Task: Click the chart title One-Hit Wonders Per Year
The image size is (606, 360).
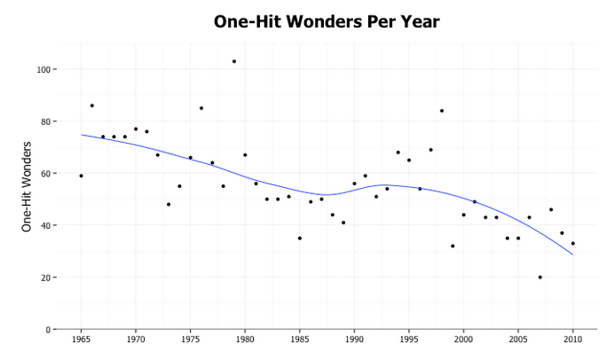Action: [x=327, y=21]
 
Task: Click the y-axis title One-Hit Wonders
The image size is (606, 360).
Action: [x=27, y=186]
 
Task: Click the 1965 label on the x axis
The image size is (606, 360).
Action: [x=81, y=339]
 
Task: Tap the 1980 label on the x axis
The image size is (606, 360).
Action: [x=245, y=339]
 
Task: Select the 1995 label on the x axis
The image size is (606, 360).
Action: [x=409, y=339]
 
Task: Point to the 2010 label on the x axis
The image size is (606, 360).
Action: [x=573, y=339]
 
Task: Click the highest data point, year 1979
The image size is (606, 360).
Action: [x=234, y=61]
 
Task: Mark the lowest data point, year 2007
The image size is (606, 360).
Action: [x=540, y=278]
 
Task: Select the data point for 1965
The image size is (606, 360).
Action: [x=81, y=176]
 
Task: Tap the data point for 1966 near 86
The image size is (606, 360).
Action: [x=92, y=106]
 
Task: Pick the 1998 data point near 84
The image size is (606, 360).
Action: [x=442, y=111]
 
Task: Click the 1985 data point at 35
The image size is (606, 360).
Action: [x=300, y=238]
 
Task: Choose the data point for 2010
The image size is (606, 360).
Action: [x=573, y=243]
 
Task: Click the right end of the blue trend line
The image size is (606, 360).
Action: [x=573, y=254]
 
